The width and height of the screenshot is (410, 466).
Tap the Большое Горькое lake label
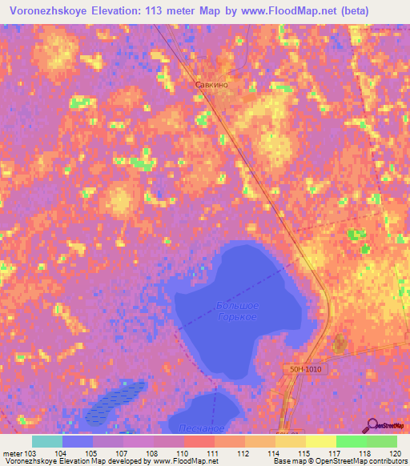click(x=237, y=311)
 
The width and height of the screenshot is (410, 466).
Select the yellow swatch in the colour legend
click(x=321, y=441)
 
